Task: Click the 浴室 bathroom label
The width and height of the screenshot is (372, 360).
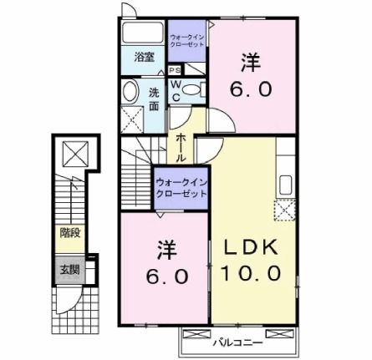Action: (144, 58)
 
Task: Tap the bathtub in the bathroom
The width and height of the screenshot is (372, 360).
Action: (143, 34)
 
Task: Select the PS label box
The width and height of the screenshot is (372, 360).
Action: (176, 71)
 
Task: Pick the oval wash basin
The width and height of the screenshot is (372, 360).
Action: (130, 91)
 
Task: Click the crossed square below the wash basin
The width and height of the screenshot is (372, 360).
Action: (131, 118)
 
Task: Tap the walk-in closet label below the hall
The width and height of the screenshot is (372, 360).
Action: (180, 187)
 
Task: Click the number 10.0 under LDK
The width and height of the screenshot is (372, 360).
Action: (247, 273)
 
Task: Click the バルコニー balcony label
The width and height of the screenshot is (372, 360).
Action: (237, 342)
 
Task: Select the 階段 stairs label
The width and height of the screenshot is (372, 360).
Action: (69, 233)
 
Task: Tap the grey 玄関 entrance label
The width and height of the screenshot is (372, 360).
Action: (69, 269)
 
